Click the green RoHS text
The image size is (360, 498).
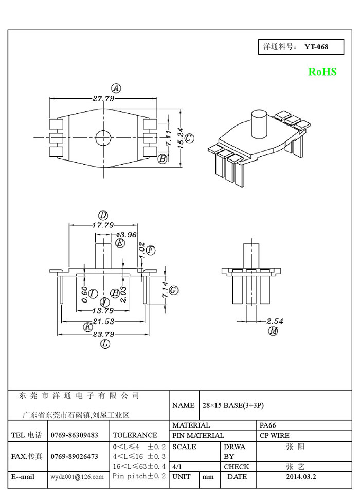[322, 72]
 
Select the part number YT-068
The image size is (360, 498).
[316, 47]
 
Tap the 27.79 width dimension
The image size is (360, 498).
[103, 98]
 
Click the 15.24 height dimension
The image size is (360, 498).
[181, 137]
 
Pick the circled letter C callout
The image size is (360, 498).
[189, 138]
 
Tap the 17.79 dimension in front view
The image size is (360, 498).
[103, 225]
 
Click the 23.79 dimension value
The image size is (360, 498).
[103, 335]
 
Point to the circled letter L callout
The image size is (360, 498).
[105, 344]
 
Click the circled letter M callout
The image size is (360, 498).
[273, 331]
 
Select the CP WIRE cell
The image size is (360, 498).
[275, 435]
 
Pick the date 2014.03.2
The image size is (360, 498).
[301, 477]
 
